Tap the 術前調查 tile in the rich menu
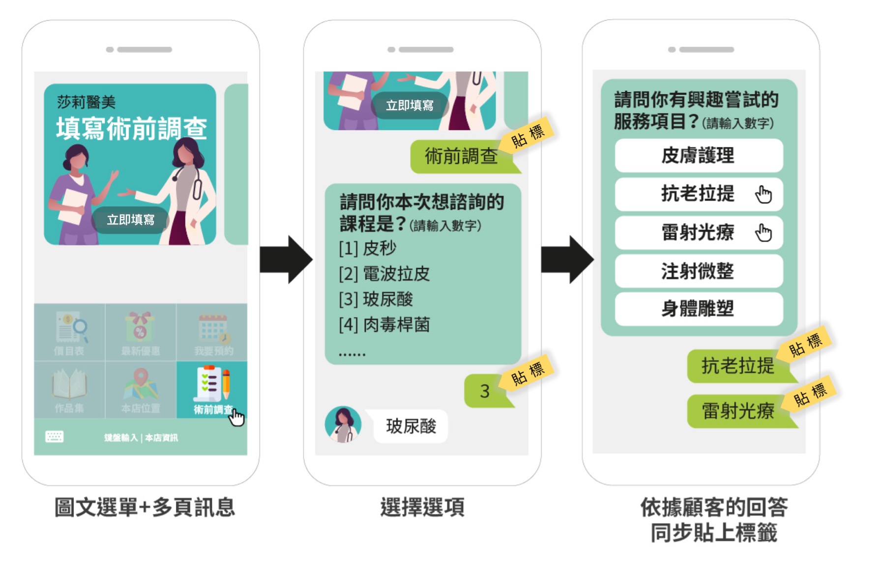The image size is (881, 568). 212,390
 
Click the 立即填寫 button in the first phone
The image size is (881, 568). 131,219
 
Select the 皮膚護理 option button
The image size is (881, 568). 698,155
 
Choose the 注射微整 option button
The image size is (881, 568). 698,271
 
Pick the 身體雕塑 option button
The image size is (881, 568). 698,309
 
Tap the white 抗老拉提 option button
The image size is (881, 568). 698,194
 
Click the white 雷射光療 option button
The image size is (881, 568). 698,232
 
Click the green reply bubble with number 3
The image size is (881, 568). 485,391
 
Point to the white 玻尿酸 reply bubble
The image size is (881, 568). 411,426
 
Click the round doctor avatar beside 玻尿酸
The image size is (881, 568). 343,424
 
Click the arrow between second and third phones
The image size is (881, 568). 567,260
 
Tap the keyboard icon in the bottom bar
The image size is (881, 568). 54,437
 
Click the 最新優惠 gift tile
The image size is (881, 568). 141,332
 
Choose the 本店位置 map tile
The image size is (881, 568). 141,390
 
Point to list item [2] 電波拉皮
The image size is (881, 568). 384,273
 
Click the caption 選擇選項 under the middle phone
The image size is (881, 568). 422,507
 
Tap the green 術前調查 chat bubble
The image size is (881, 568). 461,156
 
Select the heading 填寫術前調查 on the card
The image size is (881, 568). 131,129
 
